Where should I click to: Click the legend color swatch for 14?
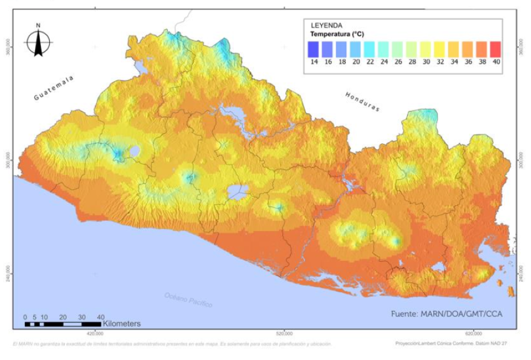coord(314,49)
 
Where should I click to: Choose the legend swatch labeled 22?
coord(370,49)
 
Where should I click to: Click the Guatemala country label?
coord(54,88)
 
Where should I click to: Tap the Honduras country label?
coord(363,102)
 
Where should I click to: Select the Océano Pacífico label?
coord(188,300)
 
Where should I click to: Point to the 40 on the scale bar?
coord(100,316)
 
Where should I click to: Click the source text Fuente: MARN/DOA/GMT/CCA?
coord(447,314)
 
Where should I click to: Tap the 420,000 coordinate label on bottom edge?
coord(95,333)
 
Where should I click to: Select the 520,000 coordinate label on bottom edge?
coord(284,333)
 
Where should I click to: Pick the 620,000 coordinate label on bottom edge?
coord(473,333)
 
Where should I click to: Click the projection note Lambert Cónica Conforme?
coord(451,344)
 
